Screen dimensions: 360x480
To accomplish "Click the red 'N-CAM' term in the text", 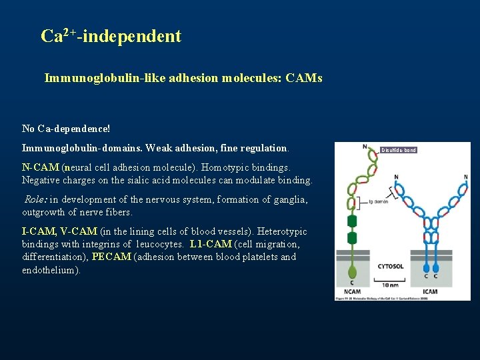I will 41,167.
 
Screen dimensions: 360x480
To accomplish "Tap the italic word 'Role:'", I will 36,199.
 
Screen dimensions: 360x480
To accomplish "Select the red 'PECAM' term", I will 111,257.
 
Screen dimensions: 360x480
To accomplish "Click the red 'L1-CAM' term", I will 211,244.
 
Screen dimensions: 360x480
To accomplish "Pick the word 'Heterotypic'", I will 281,231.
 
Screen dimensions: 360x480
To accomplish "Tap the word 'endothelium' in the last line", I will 50,270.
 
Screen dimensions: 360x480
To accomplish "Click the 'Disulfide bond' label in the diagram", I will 399,150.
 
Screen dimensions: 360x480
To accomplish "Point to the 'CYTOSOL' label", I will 390,266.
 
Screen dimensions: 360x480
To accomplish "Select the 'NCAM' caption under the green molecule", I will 352,291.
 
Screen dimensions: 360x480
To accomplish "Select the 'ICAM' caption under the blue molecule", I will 430,291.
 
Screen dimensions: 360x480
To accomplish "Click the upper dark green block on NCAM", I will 352,221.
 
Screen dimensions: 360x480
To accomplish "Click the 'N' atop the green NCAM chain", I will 365,147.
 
